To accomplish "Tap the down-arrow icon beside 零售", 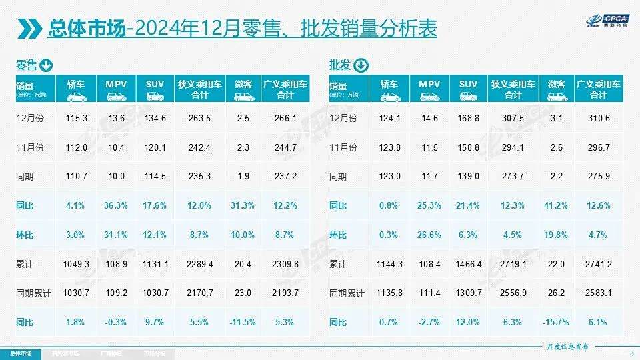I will (46, 65).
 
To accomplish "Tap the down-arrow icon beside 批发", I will (359, 65).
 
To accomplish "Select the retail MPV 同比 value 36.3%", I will (116, 206).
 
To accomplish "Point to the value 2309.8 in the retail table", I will (285, 264).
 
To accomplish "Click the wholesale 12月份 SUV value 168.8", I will (468, 118).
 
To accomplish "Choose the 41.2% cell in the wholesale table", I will (557, 206).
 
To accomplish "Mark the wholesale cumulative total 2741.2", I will (599, 264).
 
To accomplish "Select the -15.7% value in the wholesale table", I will (557, 323).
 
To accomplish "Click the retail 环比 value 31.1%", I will (116, 235).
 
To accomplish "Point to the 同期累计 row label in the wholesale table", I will (347, 293).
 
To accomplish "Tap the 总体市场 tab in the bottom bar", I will (20, 354).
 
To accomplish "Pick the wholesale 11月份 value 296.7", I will (599, 147).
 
